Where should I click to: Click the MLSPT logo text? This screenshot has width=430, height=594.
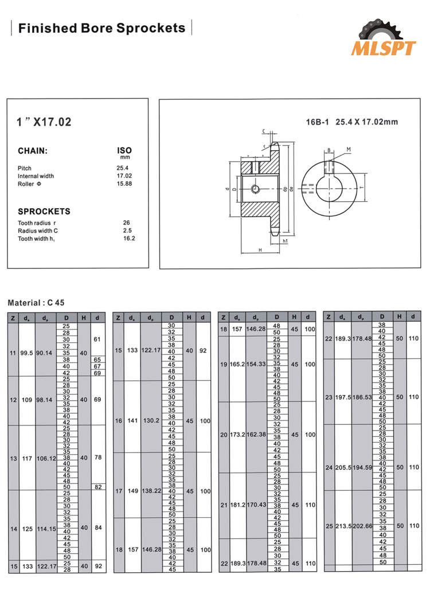point(384,48)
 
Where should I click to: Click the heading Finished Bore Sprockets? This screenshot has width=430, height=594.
point(102,28)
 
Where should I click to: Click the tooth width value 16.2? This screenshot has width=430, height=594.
point(129,238)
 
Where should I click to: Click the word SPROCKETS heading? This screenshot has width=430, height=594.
point(44,211)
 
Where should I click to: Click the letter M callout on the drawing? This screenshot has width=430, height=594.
point(349,150)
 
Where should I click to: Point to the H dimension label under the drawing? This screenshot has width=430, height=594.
point(260,250)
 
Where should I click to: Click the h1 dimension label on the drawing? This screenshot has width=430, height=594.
point(285,241)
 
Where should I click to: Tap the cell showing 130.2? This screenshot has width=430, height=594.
point(152,420)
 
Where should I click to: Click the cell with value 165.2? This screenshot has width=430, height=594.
point(237,364)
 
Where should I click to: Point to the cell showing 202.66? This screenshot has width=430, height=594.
point(361,526)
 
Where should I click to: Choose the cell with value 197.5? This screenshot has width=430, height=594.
point(342,397)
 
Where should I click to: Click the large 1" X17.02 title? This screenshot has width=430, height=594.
point(44,122)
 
